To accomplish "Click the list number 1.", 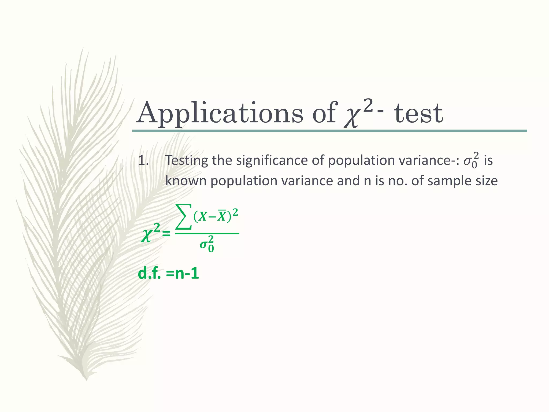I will click(x=143, y=161).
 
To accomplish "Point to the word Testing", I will click(x=187, y=161).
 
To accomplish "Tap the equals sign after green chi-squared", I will click(x=166, y=234).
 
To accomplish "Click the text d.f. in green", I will click(x=149, y=274).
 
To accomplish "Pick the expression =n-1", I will click(x=182, y=274).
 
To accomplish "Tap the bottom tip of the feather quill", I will click(x=86, y=380).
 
